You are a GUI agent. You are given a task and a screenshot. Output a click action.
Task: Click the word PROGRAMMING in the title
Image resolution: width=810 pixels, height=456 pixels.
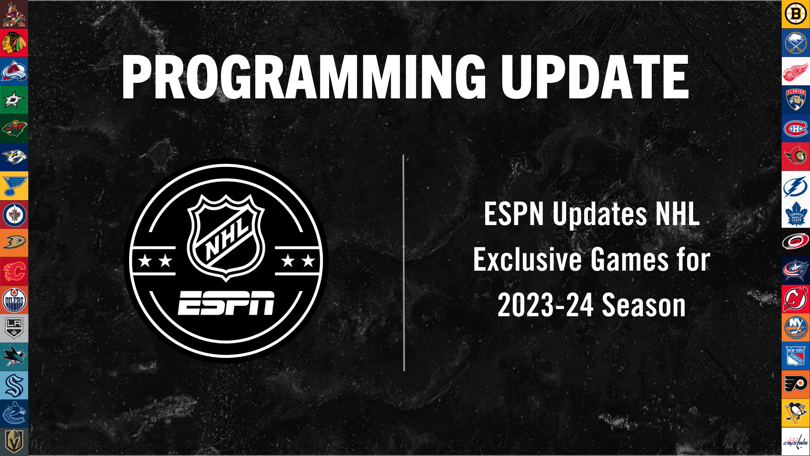pos(304,78)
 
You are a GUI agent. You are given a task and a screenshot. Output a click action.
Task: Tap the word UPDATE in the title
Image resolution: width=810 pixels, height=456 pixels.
pos(595,78)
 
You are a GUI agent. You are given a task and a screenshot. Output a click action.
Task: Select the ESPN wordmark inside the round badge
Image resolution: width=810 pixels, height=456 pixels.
pos(226,303)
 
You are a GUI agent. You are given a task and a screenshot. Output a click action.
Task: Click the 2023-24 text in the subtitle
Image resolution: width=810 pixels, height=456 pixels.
pos(545,305)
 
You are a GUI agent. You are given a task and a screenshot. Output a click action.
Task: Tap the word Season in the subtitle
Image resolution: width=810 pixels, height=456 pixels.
pos(644,305)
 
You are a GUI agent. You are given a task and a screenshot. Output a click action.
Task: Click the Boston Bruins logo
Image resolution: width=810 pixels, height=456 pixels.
pos(796,14)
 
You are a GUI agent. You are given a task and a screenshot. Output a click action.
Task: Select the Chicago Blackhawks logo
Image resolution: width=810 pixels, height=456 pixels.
pos(14,43)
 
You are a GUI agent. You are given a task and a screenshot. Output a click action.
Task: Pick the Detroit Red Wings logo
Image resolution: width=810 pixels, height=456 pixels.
pos(796,71)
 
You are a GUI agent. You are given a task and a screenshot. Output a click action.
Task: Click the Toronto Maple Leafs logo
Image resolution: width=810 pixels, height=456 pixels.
pos(796,214)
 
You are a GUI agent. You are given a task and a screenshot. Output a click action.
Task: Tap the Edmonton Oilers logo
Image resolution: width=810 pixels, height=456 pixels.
pos(14,300)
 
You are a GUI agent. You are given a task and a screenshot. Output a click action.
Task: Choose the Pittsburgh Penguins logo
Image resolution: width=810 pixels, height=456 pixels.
pos(796,413)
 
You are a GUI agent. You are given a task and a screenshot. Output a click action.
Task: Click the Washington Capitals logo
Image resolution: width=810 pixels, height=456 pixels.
pos(796,442)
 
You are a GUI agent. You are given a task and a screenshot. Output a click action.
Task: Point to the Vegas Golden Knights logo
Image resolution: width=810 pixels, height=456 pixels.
pos(14,442)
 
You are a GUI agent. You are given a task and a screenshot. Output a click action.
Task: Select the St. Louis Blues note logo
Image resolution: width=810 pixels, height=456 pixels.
pos(14,186)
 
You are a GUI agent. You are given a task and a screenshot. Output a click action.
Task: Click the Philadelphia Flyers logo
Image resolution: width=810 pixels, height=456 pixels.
pos(796,385)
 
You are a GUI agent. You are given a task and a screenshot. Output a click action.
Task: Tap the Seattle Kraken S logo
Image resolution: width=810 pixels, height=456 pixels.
pos(14,385)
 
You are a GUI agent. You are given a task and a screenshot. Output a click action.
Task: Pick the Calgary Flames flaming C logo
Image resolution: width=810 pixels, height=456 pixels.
pos(14,271)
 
